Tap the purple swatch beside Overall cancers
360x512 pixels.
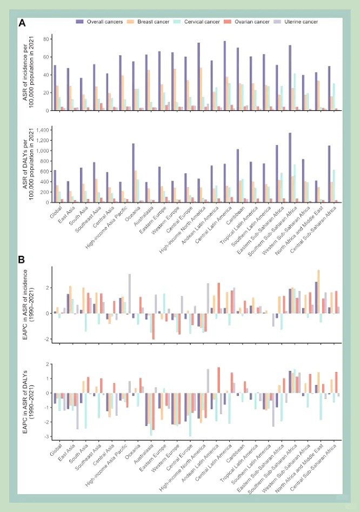tap(80, 22)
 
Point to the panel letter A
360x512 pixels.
tap(23, 23)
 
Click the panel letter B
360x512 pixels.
tap(22, 260)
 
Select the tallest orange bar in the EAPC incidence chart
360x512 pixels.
tap(318, 292)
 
